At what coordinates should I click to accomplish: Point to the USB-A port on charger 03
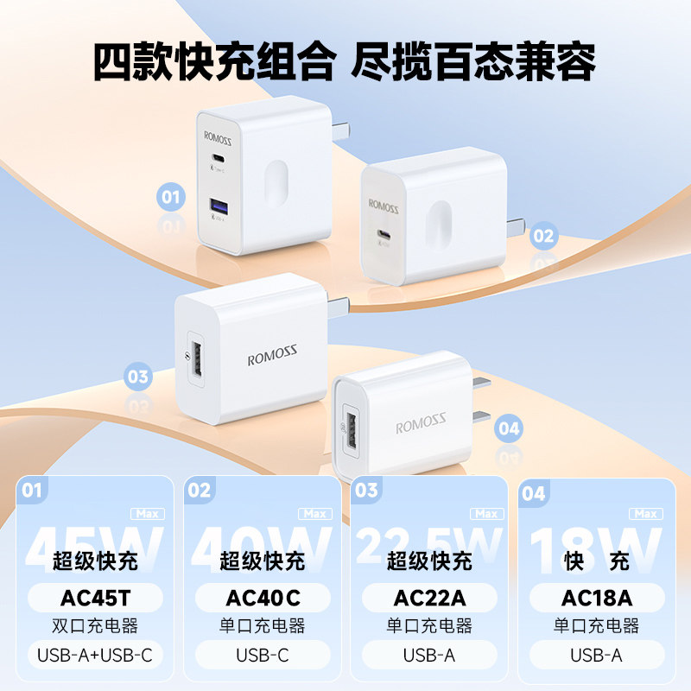196,357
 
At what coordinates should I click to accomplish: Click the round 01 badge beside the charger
172,198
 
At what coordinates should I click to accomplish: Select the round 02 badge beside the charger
543,234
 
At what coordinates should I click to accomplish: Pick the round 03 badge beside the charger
138,377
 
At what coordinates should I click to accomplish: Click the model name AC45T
95,598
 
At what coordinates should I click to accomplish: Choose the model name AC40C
263,598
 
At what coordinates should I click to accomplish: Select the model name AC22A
429,598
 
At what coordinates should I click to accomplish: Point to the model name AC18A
596,598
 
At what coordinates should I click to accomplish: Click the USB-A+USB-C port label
95,655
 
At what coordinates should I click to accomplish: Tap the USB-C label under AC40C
263,655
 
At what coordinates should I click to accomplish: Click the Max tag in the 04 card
646,514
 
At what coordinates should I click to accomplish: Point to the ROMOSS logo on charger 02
384,206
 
